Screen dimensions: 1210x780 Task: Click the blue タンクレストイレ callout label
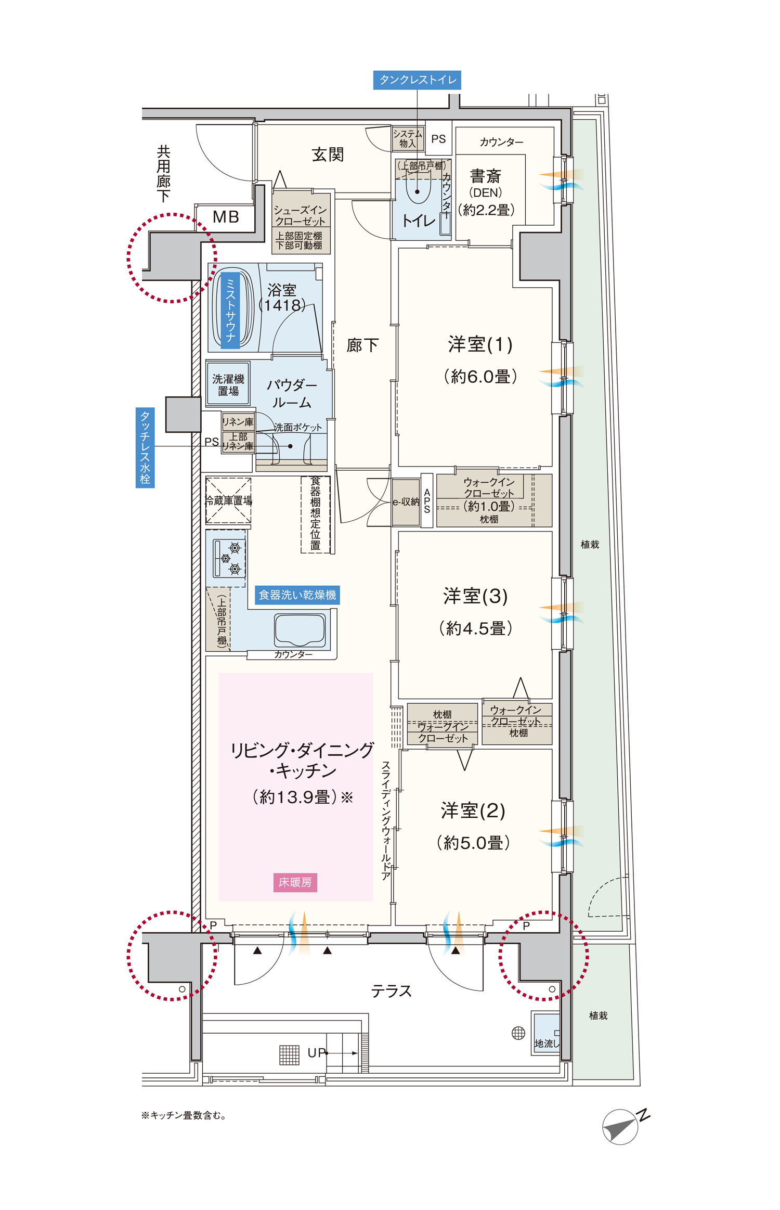click(417, 80)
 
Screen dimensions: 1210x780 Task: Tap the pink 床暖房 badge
click(295, 882)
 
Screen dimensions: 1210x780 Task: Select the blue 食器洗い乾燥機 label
click(297, 595)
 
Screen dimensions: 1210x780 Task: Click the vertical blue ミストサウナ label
click(230, 310)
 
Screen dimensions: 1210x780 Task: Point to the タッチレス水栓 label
click(145, 447)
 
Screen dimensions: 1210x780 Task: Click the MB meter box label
click(226, 217)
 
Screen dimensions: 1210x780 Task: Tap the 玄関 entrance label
click(328, 155)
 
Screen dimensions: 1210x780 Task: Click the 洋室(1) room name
click(480, 344)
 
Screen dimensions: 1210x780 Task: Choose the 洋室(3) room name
click(475, 596)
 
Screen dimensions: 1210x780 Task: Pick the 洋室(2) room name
click(473, 810)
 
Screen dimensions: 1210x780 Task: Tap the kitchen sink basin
click(300, 629)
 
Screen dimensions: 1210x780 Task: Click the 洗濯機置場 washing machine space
click(228, 384)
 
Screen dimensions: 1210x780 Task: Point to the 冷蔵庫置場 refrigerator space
click(228, 500)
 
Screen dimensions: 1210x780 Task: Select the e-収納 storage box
click(406, 502)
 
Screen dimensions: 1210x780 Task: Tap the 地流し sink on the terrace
click(546, 1033)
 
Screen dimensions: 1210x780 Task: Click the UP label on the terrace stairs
click(316, 1053)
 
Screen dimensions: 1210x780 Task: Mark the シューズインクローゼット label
click(300, 215)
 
